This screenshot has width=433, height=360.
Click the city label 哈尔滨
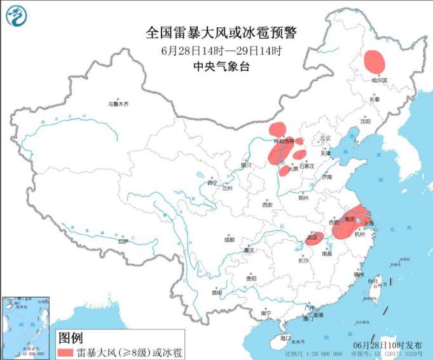(x=379, y=80)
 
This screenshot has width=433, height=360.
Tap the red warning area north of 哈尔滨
(x=375, y=61)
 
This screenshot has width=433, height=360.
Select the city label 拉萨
(x=123, y=242)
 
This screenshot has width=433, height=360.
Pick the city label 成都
(x=229, y=240)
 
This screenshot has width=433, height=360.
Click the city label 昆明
(x=217, y=293)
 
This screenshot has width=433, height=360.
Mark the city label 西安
(x=267, y=205)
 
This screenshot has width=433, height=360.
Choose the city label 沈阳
(x=365, y=120)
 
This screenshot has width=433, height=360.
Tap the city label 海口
(x=285, y=338)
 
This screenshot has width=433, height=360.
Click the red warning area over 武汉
(x=315, y=239)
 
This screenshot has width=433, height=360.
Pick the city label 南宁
(x=266, y=314)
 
